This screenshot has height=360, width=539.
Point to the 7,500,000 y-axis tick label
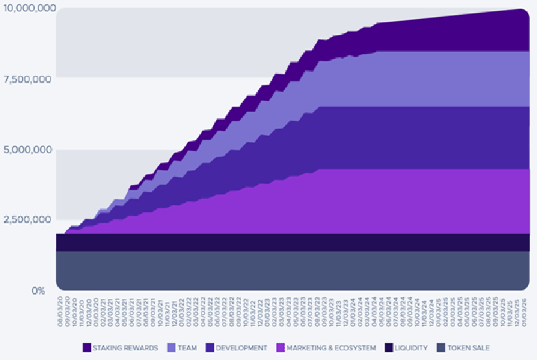click(x=27, y=79)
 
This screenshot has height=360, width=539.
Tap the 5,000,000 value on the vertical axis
click(x=27, y=150)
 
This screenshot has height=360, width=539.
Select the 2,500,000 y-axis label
click(x=27, y=220)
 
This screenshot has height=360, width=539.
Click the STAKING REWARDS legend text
click(x=126, y=348)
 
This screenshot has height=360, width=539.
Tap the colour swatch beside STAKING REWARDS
click(x=87, y=348)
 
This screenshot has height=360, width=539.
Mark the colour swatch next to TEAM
click(x=171, y=348)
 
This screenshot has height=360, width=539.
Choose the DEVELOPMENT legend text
click(x=241, y=348)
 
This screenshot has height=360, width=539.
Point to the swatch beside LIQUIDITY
click(x=389, y=348)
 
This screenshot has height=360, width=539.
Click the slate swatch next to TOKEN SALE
click(x=441, y=348)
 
